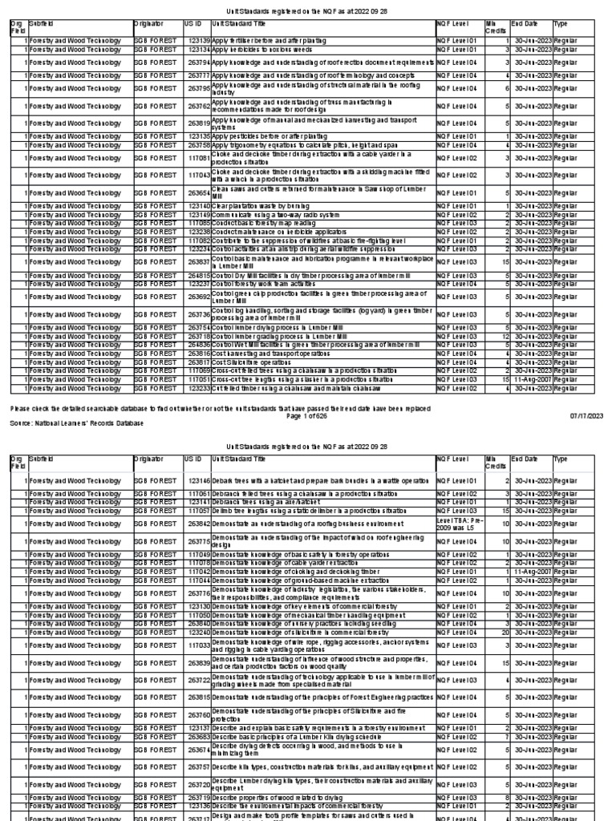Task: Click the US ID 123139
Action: [x=198, y=39]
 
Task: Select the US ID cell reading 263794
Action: [x=198, y=62]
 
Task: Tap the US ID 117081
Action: [x=198, y=160]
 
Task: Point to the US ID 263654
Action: [x=198, y=193]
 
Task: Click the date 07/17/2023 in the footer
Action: [x=586, y=415]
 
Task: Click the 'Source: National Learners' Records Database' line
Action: [x=77, y=423]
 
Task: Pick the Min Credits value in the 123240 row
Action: [x=506, y=632]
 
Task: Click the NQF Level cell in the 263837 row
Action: [x=459, y=261]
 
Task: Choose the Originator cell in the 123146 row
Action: [x=156, y=480]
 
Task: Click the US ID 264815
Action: [x=198, y=275]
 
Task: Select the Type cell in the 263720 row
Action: [x=567, y=784]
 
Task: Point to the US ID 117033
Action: [x=198, y=645]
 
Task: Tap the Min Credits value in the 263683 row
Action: [x=508, y=735]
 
